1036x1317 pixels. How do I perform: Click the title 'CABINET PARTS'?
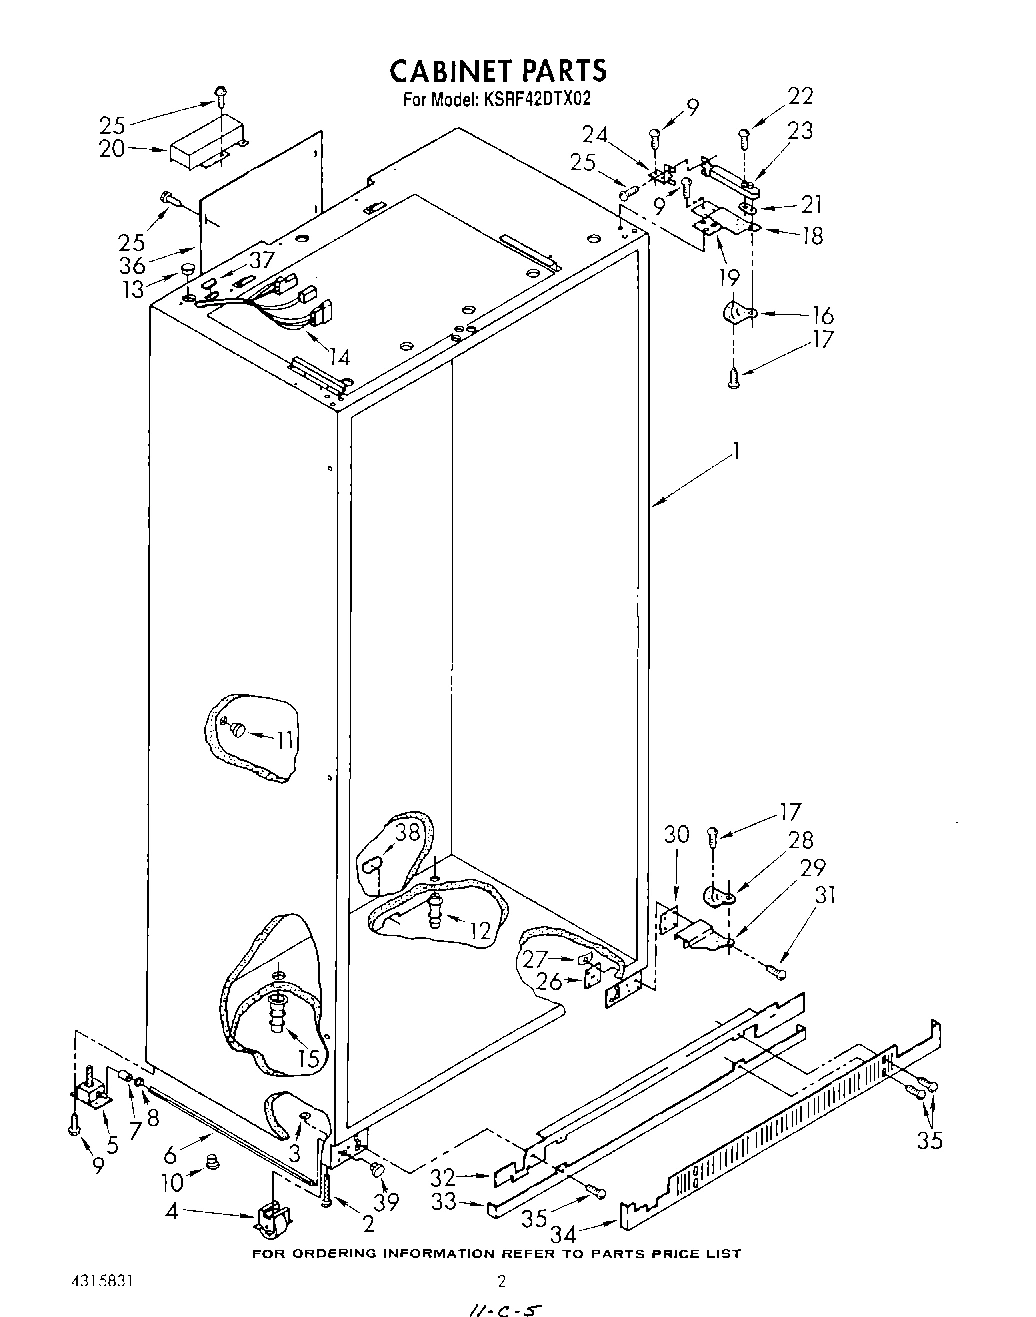[x=497, y=70]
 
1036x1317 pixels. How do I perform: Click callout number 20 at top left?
[x=112, y=149]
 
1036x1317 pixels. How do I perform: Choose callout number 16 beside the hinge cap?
[x=821, y=316]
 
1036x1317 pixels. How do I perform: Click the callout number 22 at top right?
[x=800, y=96]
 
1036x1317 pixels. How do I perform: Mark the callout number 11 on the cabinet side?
[x=286, y=740]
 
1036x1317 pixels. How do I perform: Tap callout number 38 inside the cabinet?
[x=406, y=832]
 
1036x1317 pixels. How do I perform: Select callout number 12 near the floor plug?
[x=480, y=930]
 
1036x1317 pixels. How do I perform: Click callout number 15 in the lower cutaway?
[x=308, y=1057]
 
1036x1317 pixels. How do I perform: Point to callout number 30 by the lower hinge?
[x=677, y=834]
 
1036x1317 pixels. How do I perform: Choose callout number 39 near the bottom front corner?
[x=386, y=1202]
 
